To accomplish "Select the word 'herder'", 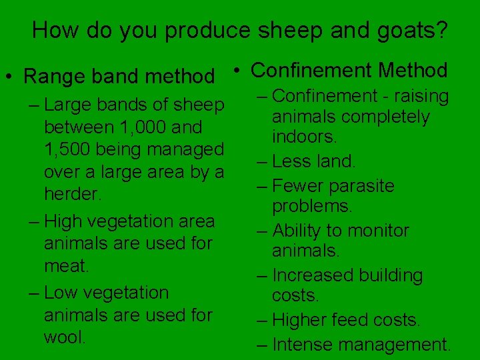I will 71,195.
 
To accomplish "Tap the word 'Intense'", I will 305,344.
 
